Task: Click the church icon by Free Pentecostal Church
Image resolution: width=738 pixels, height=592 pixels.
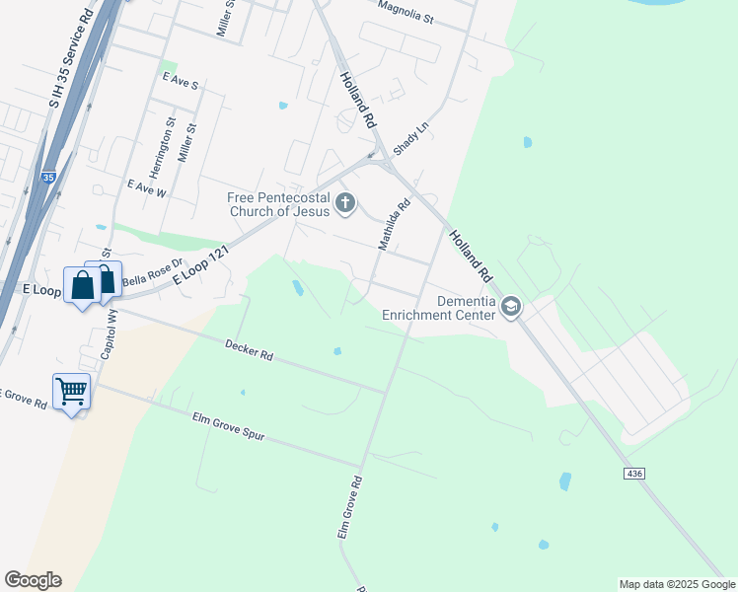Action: pyautogui.click(x=345, y=203)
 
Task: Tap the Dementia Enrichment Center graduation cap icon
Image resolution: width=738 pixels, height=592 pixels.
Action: pyautogui.click(x=511, y=308)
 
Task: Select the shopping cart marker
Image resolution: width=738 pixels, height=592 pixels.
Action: pyautogui.click(x=72, y=392)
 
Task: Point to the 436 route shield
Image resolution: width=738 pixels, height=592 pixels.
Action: pyautogui.click(x=635, y=475)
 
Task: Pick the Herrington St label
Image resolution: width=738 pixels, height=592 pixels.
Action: pyautogui.click(x=170, y=144)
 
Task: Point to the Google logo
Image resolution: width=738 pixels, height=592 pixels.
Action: pyautogui.click(x=33, y=580)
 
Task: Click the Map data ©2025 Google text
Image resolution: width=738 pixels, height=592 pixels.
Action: pyautogui.click(x=676, y=584)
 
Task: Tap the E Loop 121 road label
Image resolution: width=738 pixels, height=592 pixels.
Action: pyautogui.click(x=200, y=265)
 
